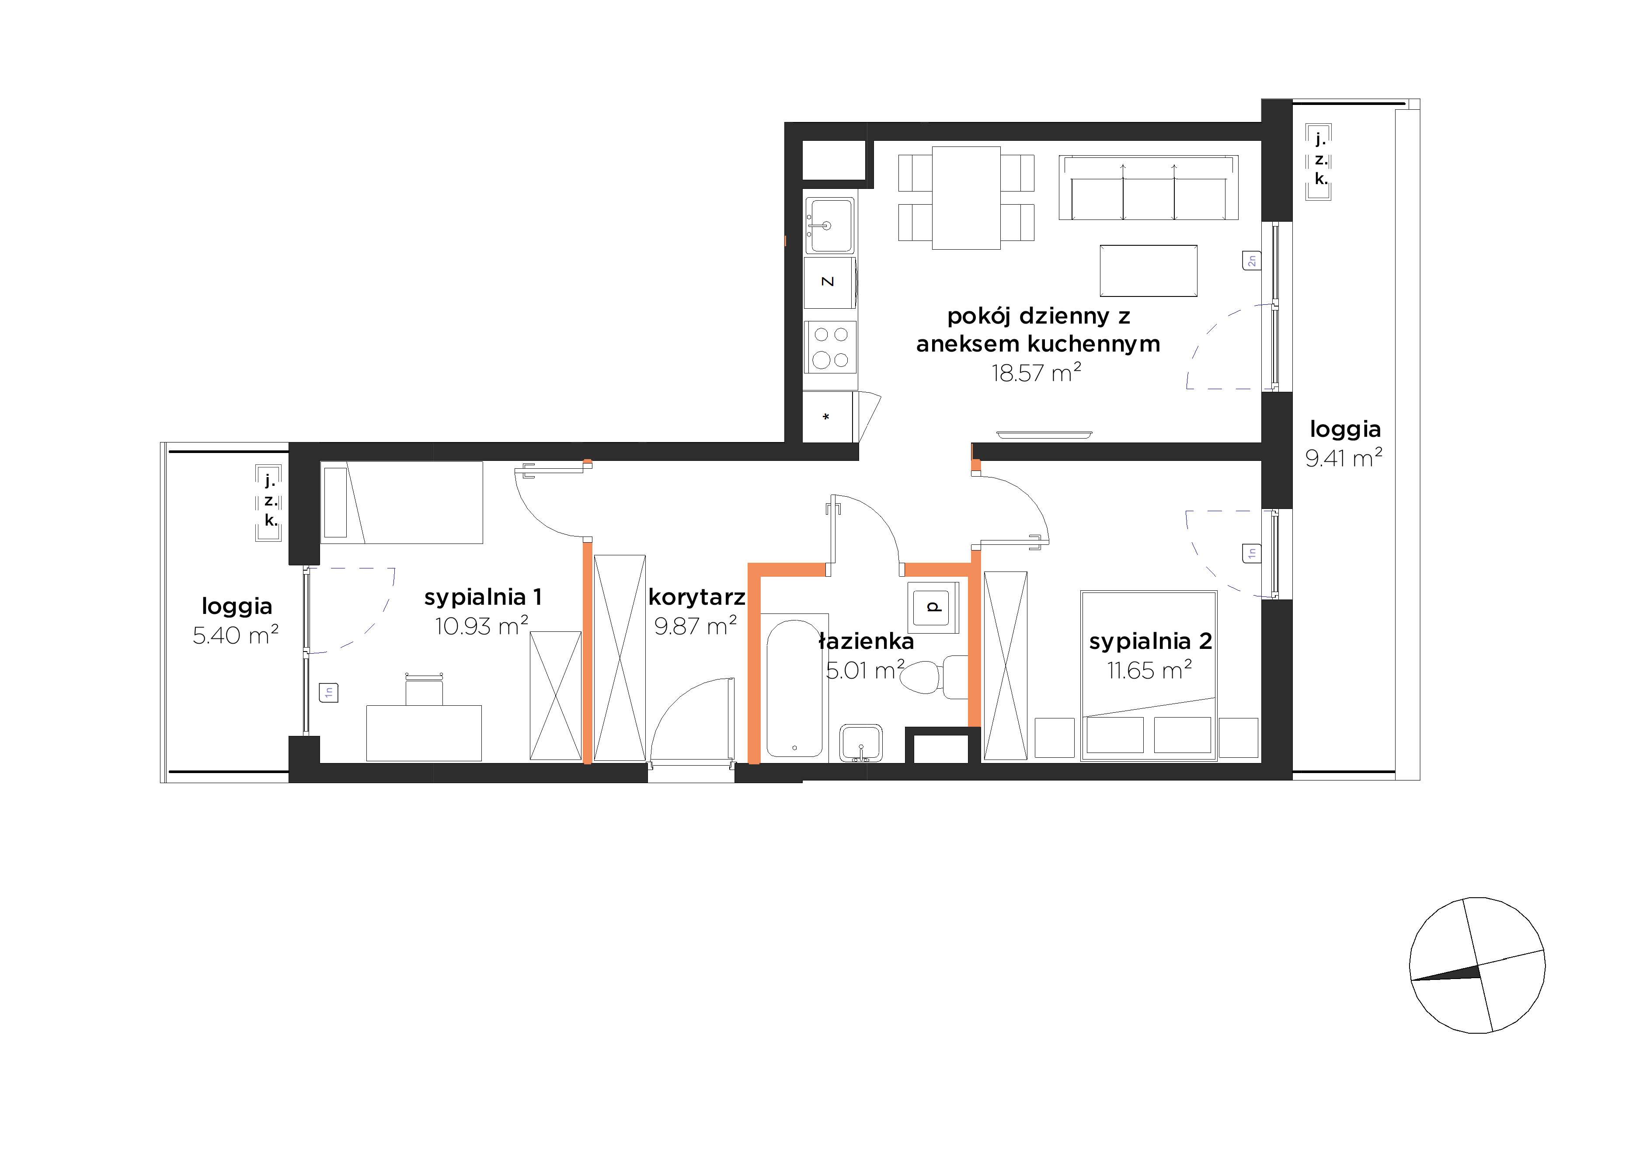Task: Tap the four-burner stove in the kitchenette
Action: tap(830, 347)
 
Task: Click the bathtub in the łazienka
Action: tap(794, 688)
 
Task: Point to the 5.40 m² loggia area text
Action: tap(235, 634)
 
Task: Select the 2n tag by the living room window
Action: tap(1251, 260)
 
